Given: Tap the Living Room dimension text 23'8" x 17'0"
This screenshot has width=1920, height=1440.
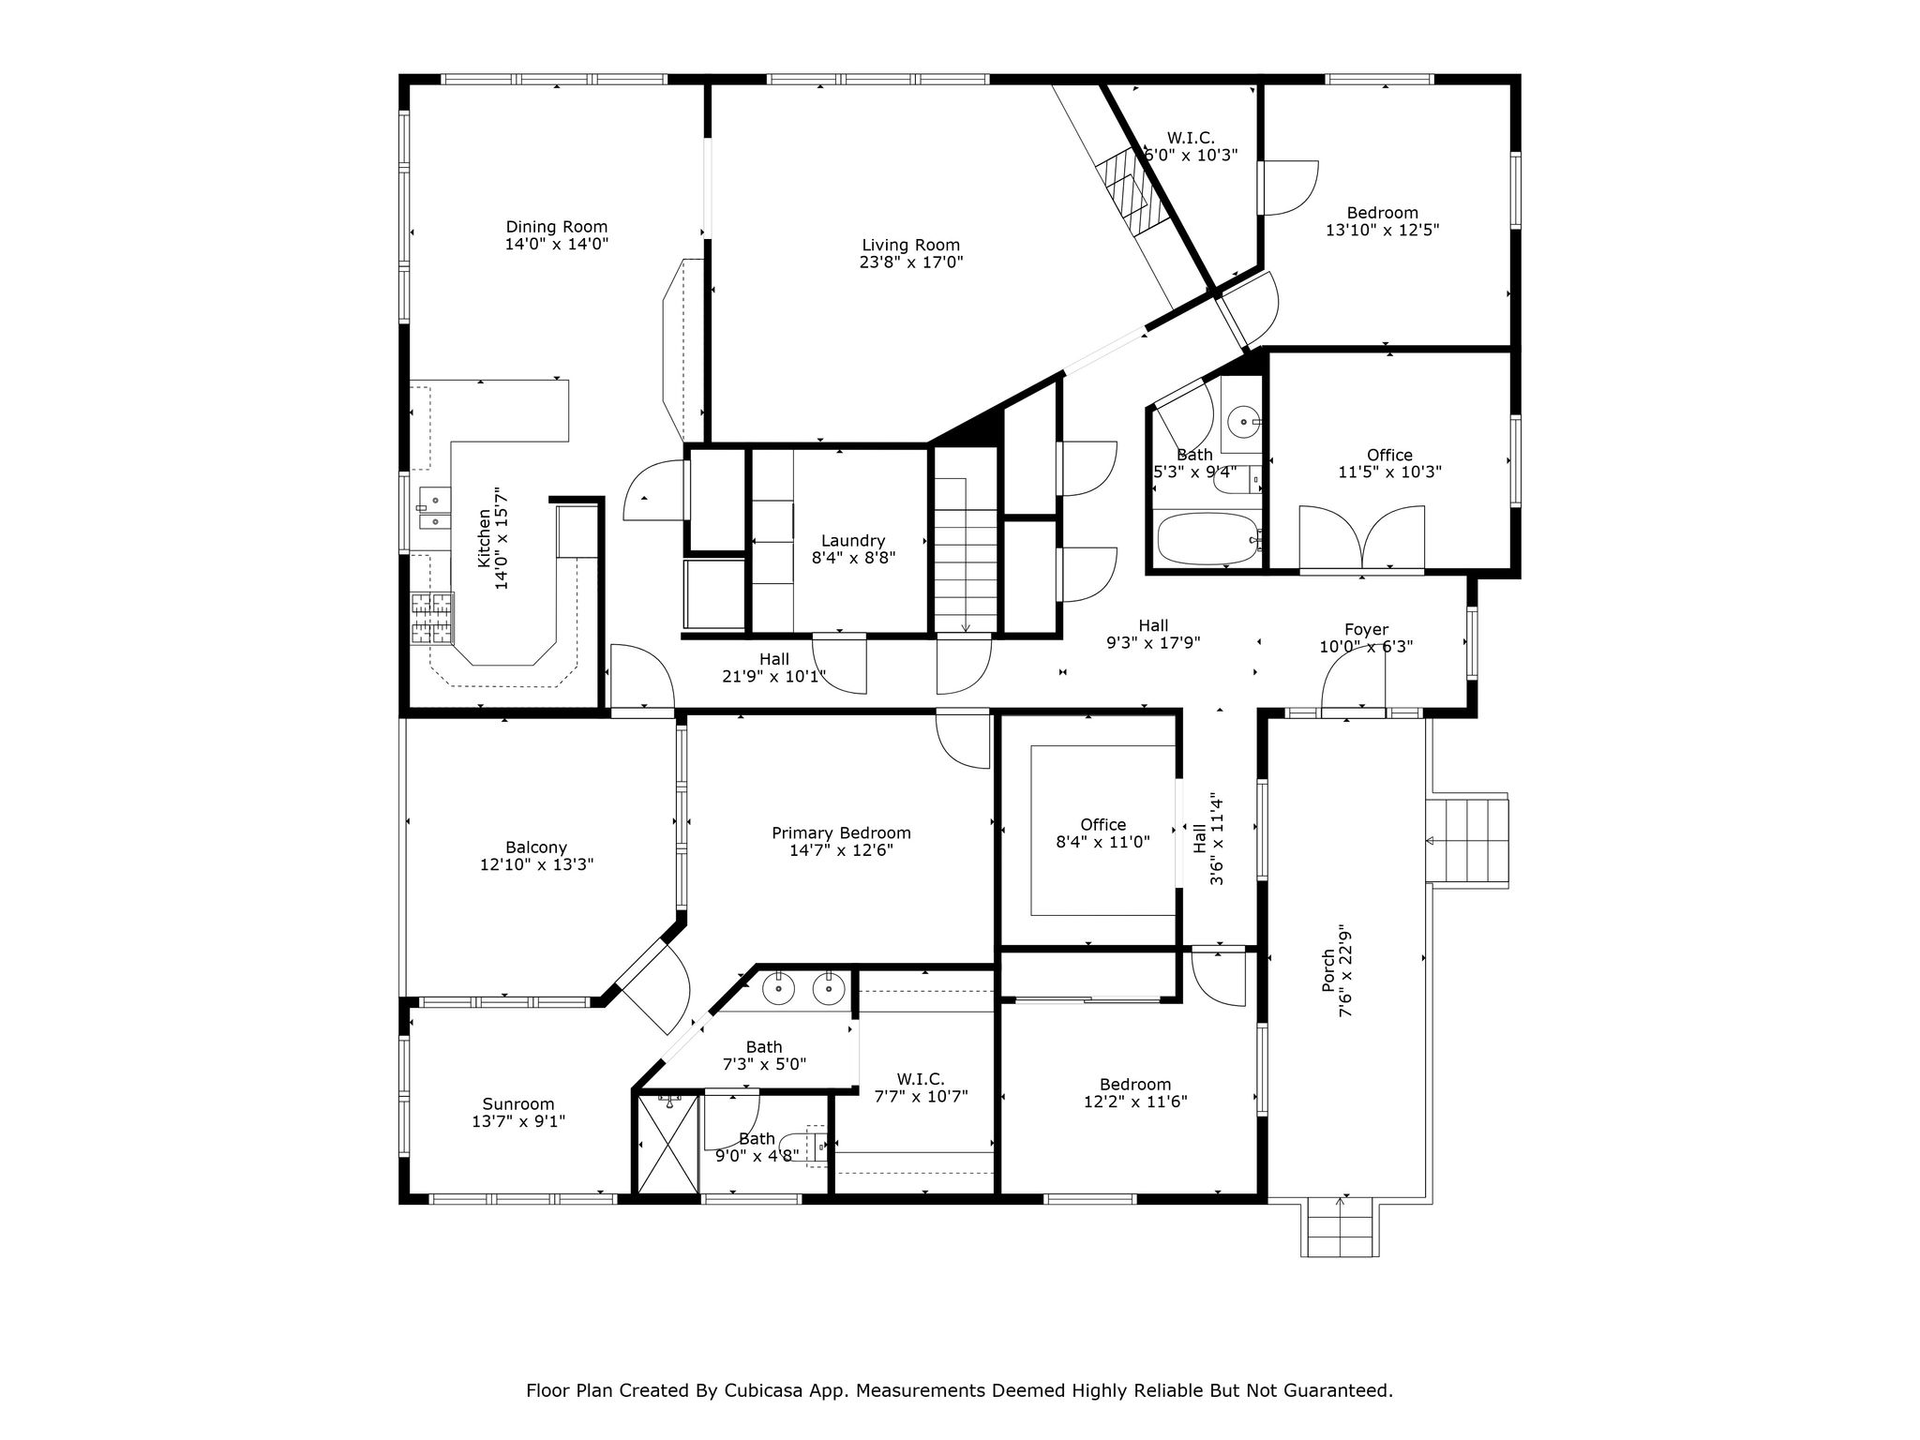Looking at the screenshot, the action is (911, 262).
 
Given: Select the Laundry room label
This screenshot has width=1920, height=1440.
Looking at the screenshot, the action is (853, 541).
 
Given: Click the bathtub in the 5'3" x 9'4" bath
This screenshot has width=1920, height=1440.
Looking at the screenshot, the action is (1207, 538).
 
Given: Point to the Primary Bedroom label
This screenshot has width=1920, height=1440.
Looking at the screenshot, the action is (841, 833).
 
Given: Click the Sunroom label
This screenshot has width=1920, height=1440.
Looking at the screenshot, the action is (518, 1104).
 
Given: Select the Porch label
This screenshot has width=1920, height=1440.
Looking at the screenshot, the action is (1328, 970).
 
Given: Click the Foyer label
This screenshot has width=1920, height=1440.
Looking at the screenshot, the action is (1366, 630).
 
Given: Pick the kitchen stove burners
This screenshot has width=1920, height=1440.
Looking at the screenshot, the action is (432, 619).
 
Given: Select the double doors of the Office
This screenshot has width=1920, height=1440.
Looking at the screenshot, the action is (1361, 538).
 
